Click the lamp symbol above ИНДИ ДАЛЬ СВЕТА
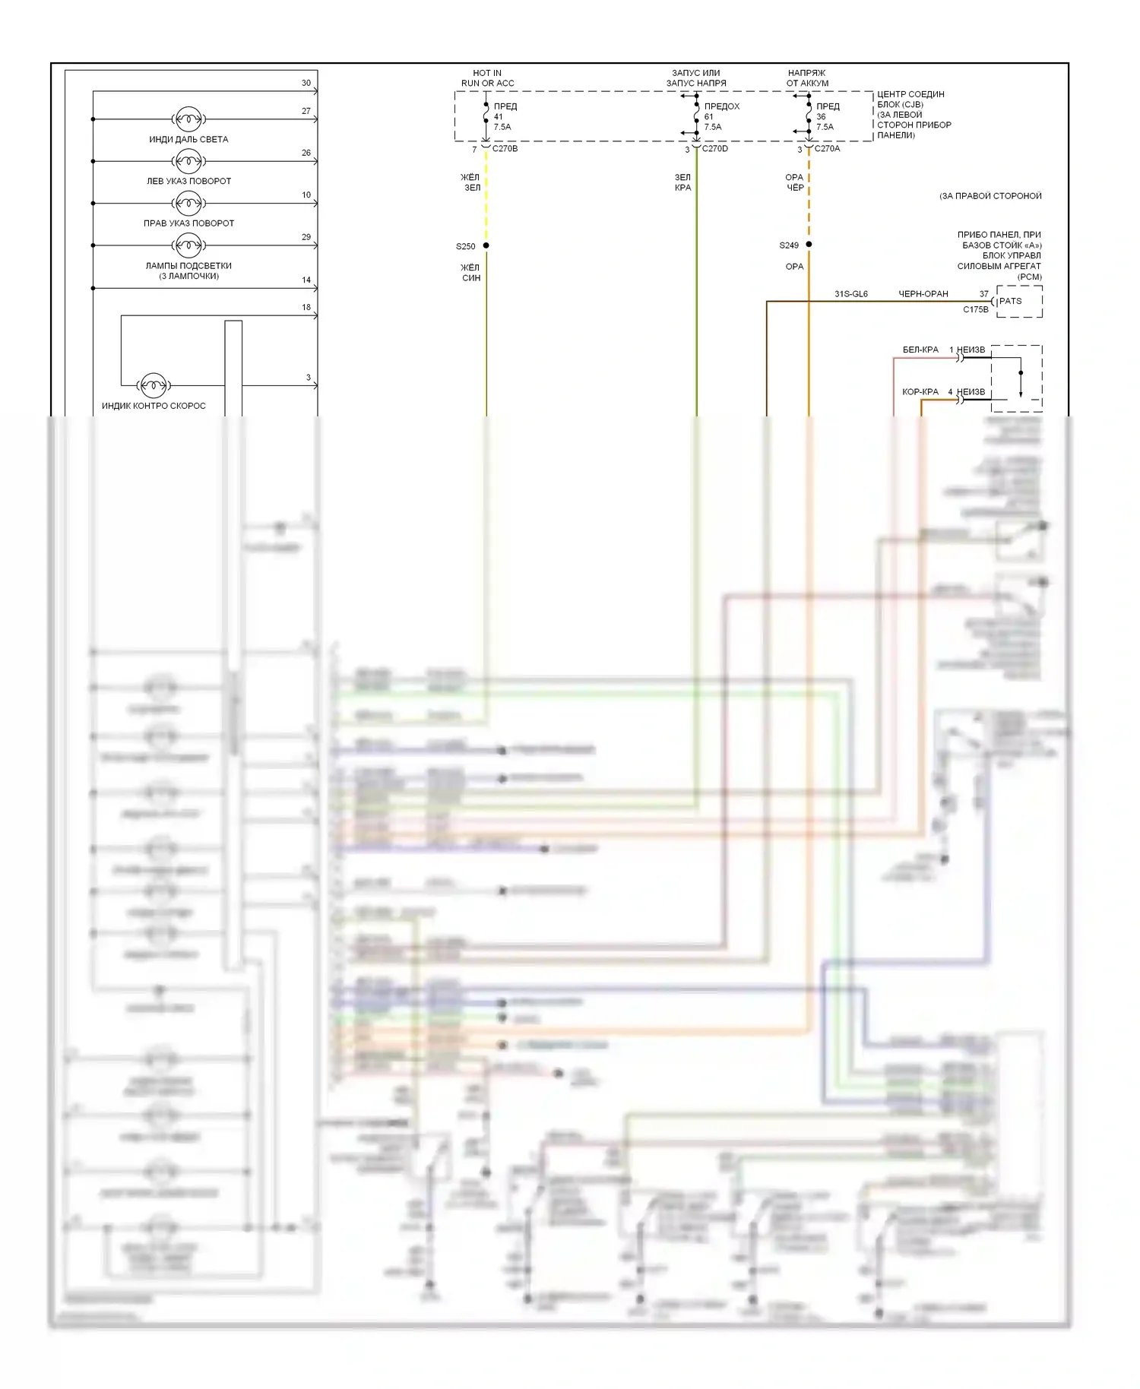point(188,119)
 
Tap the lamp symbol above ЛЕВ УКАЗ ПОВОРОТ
point(188,161)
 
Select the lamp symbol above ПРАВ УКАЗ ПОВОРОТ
point(188,203)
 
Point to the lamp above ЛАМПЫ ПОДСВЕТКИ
point(188,245)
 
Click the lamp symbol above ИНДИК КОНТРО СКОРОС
point(154,385)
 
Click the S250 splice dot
point(486,245)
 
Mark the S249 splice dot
point(809,245)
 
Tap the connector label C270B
point(505,149)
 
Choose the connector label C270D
point(714,149)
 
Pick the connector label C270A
point(827,149)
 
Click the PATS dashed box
point(1019,302)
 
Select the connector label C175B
point(976,310)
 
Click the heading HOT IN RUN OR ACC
point(487,78)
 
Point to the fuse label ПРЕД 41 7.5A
point(505,117)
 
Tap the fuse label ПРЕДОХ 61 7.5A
point(721,117)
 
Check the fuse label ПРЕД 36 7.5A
point(828,117)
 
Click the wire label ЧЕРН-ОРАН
point(923,294)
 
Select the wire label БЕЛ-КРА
point(920,350)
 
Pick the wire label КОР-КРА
point(920,392)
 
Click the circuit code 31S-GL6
point(851,294)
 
